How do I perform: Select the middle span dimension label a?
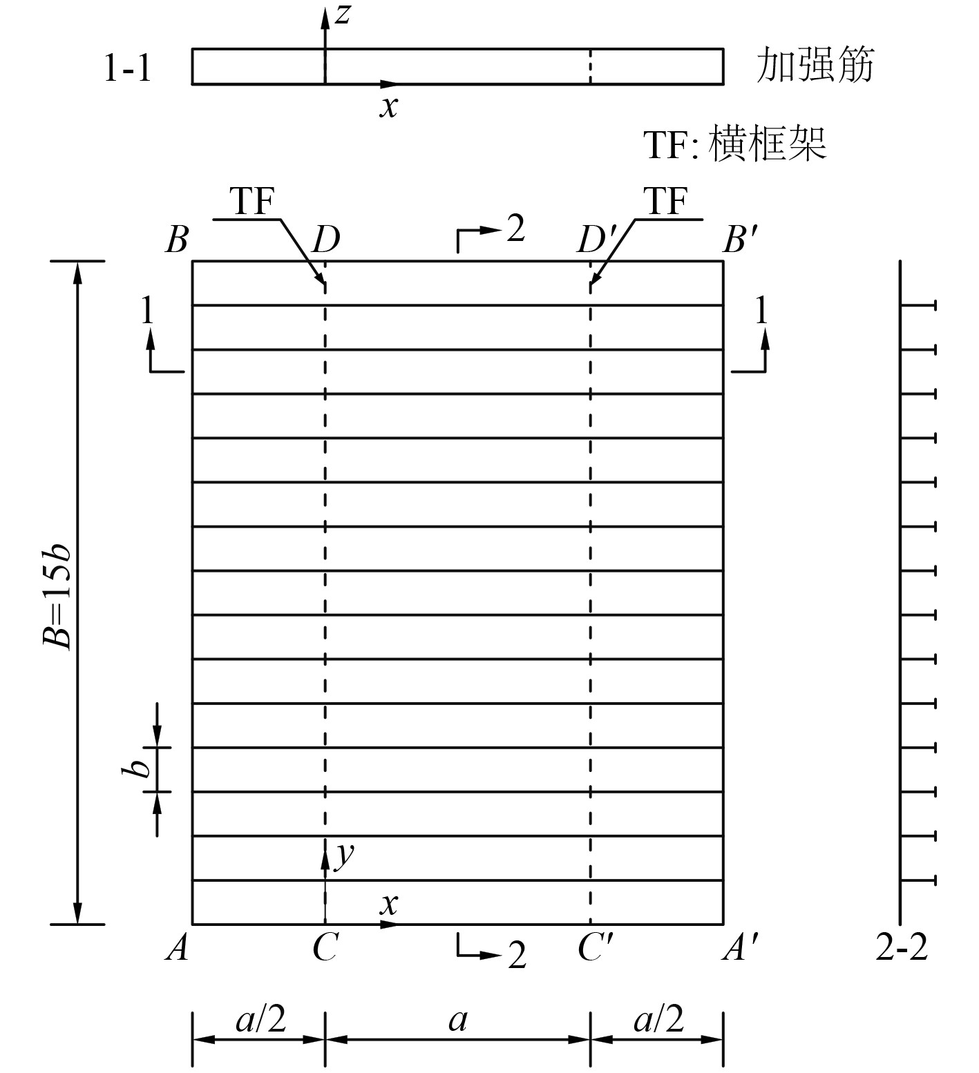pos(457,1019)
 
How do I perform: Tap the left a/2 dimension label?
pos(260,1019)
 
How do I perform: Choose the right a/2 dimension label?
pos(658,1019)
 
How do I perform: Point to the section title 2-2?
pos(902,950)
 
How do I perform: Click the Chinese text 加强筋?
pos(815,66)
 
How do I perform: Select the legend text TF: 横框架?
pos(735,144)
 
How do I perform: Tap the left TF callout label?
pos(252,202)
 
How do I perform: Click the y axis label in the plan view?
pos(343,855)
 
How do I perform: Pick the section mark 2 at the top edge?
pos(515,230)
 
